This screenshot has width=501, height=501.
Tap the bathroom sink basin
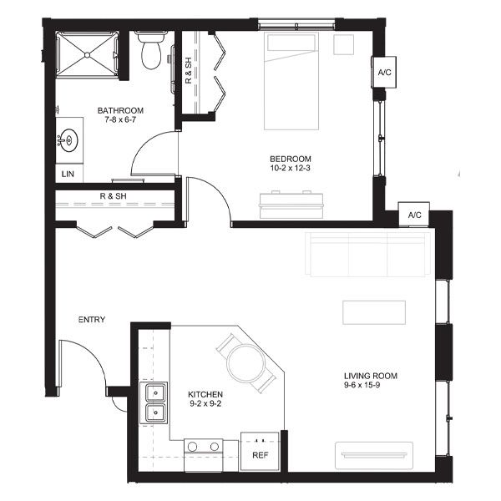point(69,140)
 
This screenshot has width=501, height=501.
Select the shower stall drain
point(87,55)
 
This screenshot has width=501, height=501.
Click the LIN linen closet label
point(68,175)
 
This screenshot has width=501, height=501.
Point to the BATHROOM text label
point(120,110)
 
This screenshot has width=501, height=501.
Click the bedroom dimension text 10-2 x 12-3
point(290,168)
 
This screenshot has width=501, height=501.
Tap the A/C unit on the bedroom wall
point(384,72)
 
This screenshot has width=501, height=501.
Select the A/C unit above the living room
point(414,215)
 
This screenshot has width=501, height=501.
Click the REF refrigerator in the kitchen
point(260,451)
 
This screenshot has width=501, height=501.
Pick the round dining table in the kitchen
point(246,363)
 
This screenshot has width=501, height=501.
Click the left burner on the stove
point(192,447)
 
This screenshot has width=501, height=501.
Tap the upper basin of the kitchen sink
point(155,392)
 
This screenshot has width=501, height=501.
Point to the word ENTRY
point(92,320)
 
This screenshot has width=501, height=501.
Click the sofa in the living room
point(368,255)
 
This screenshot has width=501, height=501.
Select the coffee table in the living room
point(374,312)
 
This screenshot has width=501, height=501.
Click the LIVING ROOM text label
point(371,376)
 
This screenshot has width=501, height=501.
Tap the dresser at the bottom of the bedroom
point(291,205)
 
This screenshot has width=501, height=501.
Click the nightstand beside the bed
point(344,45)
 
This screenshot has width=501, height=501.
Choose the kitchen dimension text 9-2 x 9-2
point(205,403)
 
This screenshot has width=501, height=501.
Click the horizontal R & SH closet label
point(113,196)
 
